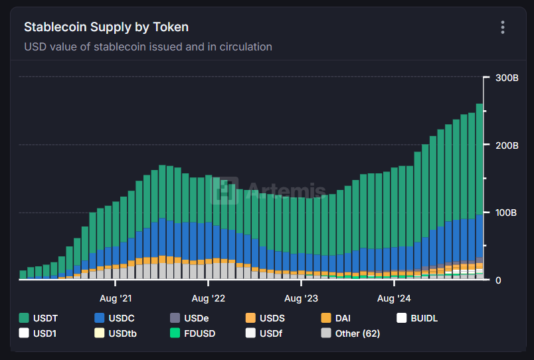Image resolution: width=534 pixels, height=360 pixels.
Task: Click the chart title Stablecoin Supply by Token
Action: click(106, 27)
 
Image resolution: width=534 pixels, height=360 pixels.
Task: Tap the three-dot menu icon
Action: click(503, 27)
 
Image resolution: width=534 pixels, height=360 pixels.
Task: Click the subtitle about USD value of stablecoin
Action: click(148, 47)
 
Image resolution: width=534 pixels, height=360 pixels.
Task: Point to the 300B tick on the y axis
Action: click(507, 78)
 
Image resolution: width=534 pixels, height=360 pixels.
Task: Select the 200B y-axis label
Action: click(507, 145)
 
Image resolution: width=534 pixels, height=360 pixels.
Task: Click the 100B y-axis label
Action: click(507, 213)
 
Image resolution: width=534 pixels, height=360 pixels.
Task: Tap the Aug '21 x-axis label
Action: click(116, 299)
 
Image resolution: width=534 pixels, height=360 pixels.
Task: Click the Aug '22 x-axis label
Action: click(209, 299)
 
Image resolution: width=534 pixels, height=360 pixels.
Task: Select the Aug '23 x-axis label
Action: click(302, 299)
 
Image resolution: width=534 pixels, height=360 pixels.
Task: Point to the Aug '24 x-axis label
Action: click(394, 299)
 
